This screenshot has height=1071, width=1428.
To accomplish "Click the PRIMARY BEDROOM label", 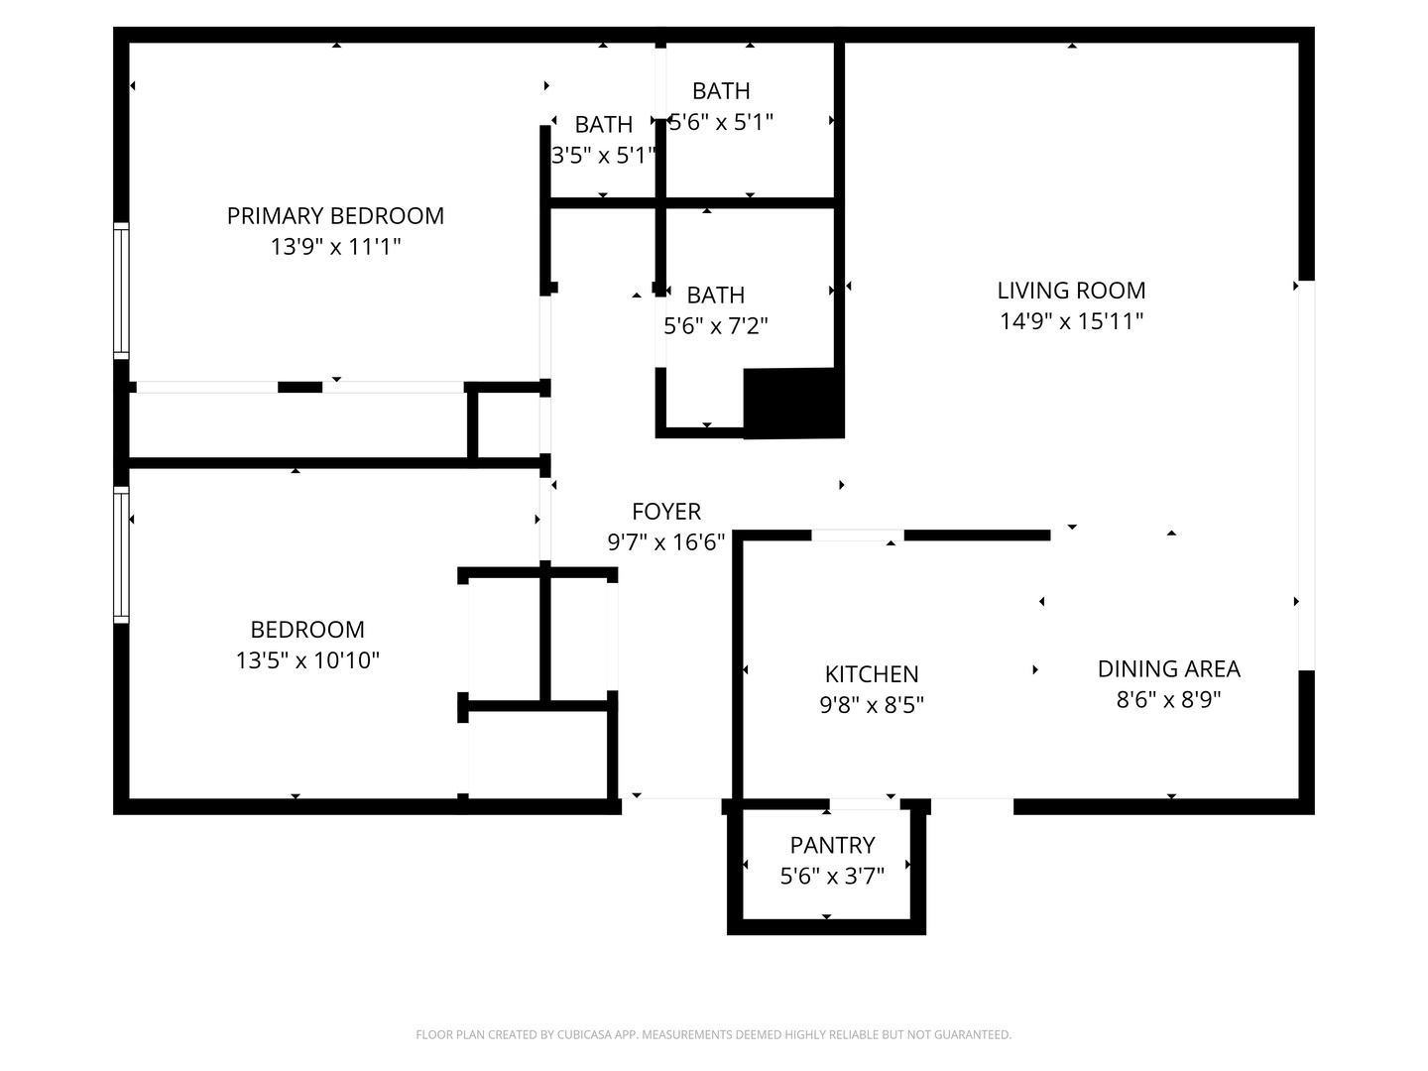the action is [335, 216].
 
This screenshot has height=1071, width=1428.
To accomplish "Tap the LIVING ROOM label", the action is [1071, 291].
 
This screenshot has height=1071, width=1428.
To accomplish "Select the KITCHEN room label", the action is [871, 674].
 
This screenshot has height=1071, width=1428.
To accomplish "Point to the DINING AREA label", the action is [1168, 668].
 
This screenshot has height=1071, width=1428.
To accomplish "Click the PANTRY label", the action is [832, 845].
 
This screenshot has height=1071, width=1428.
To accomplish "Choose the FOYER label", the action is [666, 512].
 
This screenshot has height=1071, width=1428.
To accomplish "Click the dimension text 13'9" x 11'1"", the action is [335, 247].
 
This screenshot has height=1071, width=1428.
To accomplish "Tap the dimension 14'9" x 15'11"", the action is [1071, 321].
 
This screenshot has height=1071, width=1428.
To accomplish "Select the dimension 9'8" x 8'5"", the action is [871, 705].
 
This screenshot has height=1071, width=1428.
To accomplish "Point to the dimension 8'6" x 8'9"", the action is [1168, 700].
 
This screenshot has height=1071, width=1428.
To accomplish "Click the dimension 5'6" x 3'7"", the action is [832, 877].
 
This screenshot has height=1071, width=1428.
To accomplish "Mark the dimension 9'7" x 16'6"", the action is [666, 542].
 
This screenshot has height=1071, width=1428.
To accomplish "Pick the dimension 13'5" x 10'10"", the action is [307, 660].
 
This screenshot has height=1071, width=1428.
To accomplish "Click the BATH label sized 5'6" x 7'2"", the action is [716, 296].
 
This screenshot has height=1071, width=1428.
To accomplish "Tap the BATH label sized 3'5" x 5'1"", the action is [603, 124].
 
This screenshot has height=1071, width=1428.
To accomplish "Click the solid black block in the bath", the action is [793, 404].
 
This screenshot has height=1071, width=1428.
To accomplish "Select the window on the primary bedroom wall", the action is [121, 291].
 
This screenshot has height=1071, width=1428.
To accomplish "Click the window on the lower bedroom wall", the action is [121, 554].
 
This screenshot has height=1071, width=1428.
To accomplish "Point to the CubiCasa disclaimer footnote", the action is [714, 1034].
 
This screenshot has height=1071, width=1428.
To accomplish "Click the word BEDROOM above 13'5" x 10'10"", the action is [307, 630].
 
